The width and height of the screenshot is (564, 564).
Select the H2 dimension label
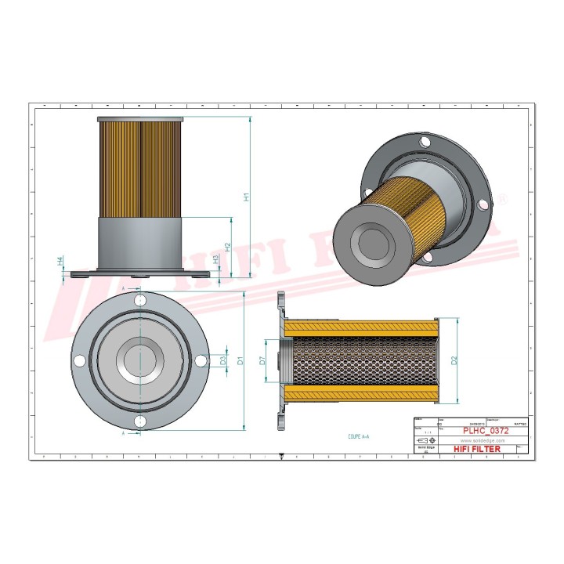point(227,247)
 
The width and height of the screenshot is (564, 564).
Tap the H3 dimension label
point(216,259)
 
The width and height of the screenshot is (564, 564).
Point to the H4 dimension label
point(60,261)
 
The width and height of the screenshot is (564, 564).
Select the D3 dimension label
point(223,361)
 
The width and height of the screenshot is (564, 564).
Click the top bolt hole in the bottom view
point(140,300)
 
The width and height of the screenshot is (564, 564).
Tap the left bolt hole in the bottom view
point(80,360)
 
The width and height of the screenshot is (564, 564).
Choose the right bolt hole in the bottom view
point(201,360)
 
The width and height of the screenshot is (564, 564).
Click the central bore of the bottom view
point(140,360)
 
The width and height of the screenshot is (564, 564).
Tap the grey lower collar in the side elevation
point(140,244)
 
